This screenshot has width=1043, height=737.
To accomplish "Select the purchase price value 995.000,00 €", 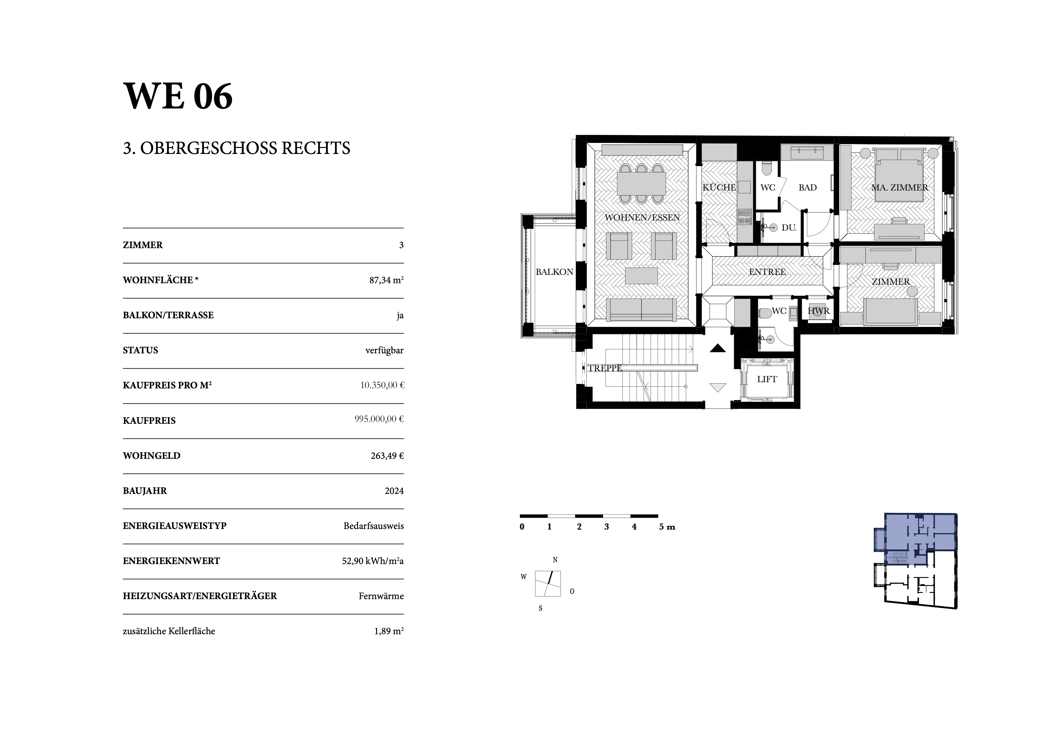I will click(379, 419).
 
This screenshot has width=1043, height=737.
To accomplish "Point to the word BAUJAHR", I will click(145, 491).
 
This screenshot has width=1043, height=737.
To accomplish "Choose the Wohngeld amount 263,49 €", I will click(387, 456).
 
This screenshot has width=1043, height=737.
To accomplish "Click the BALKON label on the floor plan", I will click(554, 272).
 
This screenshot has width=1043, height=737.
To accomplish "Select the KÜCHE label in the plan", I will click(719, 188).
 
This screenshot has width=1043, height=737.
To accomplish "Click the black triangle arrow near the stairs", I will click(718, 349).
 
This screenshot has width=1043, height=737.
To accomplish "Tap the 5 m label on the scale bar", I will click(667, 527).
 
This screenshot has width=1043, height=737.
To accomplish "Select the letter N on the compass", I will click(555, 560).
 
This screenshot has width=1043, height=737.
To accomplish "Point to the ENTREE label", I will click(767, 272).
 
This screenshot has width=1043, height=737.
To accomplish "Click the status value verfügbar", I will click(384, 350).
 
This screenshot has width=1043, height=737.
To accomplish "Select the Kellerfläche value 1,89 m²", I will click(389, 631).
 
